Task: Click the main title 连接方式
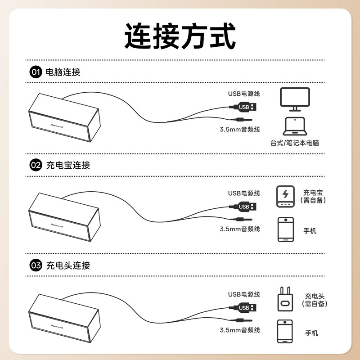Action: click(x=180, y=36)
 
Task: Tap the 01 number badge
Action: click(x=36, y=72)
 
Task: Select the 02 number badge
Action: click(x=36, y=165)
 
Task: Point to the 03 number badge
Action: click(x=36, y=265)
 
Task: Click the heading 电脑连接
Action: click(x=63, y=72)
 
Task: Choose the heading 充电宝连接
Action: click(x=68, y=165)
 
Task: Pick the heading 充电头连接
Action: click(x=68, y=265)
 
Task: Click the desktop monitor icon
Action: click(x=295, y=99)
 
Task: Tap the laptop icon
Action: click(x=295, y=126)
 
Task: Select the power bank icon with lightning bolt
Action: click(x=285, y=196)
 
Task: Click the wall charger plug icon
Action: click(x=285, y=299)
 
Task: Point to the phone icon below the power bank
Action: click(x=286, y=229)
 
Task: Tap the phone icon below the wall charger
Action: click(x=285, y=331)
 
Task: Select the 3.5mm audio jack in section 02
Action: click(x=241, y=219)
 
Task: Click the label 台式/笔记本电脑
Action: click(x=295, y=143)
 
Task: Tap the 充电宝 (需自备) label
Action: click(x=313, y=196)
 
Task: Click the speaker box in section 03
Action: click(x=64, y=318)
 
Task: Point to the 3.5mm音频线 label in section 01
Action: click(x=240, y=129)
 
